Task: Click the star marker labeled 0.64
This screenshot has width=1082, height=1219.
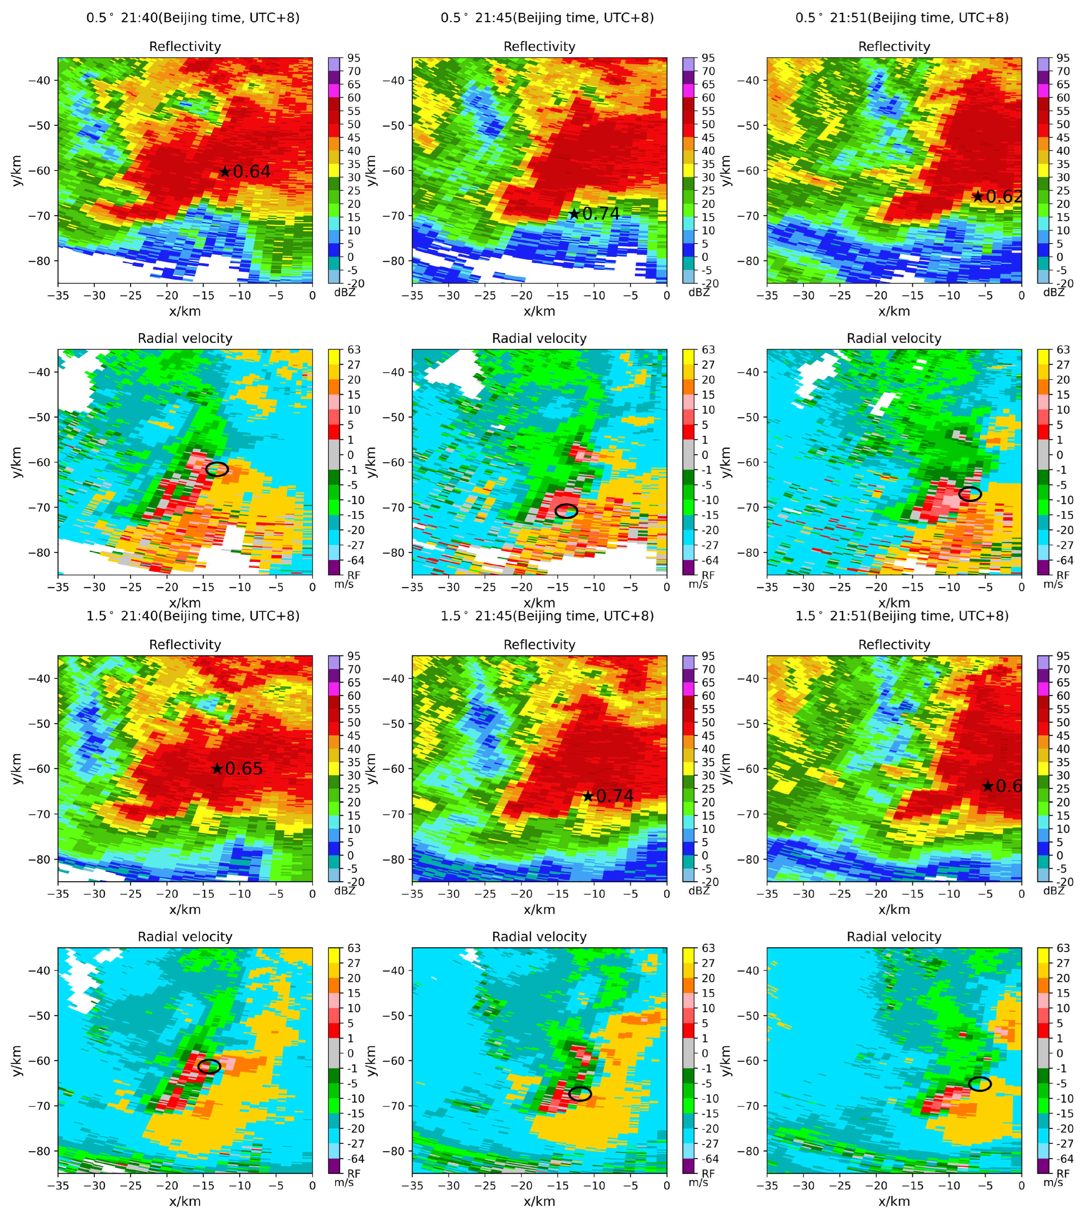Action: pos(225,172)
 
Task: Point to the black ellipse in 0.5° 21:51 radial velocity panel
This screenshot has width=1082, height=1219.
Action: pos(970,494)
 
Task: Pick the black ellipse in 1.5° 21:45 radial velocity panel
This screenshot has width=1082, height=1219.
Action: pos(580,1094)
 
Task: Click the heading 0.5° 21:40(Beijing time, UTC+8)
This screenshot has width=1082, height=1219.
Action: pos(193,18)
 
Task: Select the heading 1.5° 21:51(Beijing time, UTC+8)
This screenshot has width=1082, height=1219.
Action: pos(902,616)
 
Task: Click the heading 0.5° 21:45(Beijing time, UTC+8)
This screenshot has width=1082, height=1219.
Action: pos(547,18)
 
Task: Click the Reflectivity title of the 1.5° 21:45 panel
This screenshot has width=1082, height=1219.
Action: pos(539,645)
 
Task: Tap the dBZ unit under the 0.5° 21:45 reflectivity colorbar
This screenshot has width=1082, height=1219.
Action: pos(699,292)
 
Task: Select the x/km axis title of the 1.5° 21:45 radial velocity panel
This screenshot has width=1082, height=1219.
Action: pos(539,1201)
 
